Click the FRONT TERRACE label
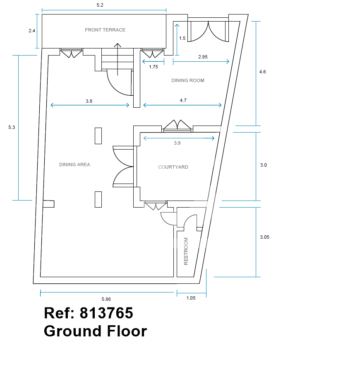(x=105, y=30)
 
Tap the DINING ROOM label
(x=188, y=80)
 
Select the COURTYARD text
(x=173, y=167)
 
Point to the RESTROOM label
(x=186, y=251)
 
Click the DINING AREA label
(x=74, y=164)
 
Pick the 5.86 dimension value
(x=106, y=299)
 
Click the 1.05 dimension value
(x=191, y=298)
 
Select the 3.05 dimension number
(x=265, y=237)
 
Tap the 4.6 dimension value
(x=262, y=72)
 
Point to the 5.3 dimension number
(x=12, y=127)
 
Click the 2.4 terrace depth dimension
(x=32, y=31)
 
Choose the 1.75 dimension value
(x=154, y=67)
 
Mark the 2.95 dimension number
(x=203, y=57)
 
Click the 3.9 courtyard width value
(x=177, y=143)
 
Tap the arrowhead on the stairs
(x=118, y=45)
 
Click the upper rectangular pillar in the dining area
(x=98, y=136)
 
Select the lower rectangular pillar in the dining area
(x=98, y=200)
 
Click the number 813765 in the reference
(x=106, y=313)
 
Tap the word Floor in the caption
(x=127, y=331)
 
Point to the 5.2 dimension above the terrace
(x=100, y=5)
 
